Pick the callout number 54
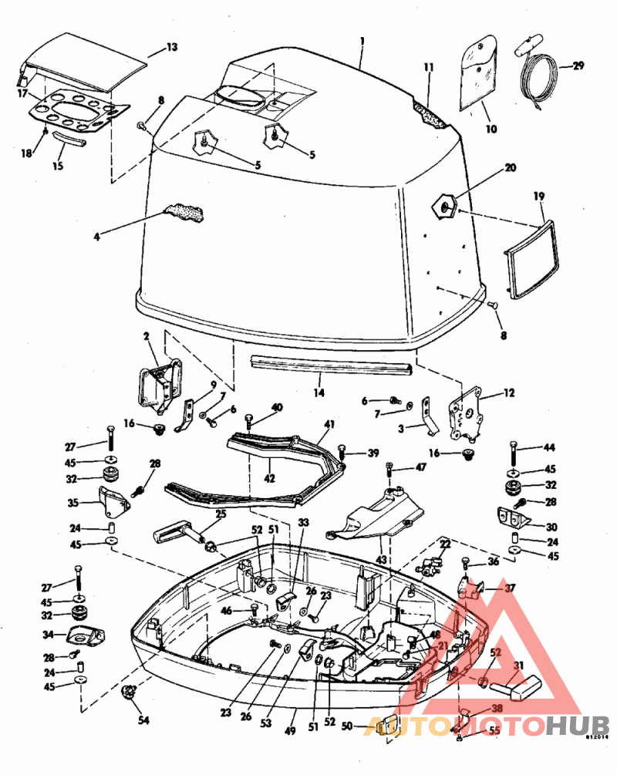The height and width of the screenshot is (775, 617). [143, 721]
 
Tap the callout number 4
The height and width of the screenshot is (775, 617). [96, 237]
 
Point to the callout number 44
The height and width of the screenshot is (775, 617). [549, 446]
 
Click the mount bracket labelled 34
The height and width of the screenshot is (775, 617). [83, 637]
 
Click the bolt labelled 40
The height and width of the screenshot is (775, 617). [249, 421]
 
